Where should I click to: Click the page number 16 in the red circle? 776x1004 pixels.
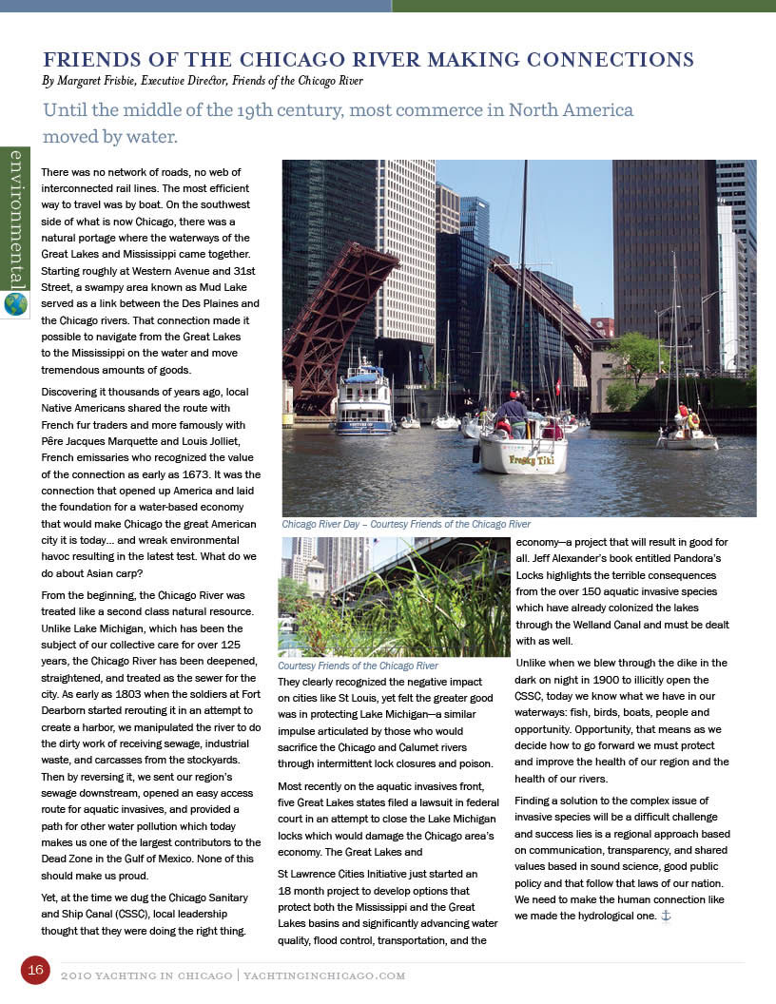[35, 970]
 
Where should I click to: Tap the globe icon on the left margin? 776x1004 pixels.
[15, 303]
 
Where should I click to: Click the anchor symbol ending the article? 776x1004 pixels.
[666, 916]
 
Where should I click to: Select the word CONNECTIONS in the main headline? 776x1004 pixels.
[602, 59]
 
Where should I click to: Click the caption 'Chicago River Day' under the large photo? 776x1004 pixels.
[322, 524]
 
